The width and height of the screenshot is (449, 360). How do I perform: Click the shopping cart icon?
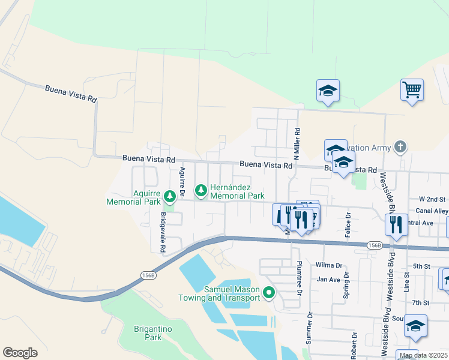pyautogui.click(x=412, y=90)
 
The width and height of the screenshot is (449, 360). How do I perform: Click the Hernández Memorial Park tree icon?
pyautogui.click(x=200, y=191)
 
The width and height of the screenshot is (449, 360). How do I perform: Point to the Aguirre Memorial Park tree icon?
pyautogui.click(x=170, y=196)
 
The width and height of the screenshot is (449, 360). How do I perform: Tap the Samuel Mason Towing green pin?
pyautogui.click(x=269, y=293)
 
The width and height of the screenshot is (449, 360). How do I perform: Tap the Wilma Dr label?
pyautogui.click(x=328, y=265)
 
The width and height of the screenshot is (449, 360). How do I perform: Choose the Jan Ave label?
pyautogui.click(x=328, y=279)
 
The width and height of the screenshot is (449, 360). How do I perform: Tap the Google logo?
pyautogui.click(x=20, y=353)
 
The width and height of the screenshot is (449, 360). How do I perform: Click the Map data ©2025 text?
pyautogui.click(x=423, y=355)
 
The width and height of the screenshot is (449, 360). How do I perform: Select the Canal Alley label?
pyautogui.click(x=433, y=211)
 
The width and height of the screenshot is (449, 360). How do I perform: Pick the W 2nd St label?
pyautogui.click(x=433, y=199)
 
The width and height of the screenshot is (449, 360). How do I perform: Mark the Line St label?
pyautogui.click(x=406, y=283)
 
